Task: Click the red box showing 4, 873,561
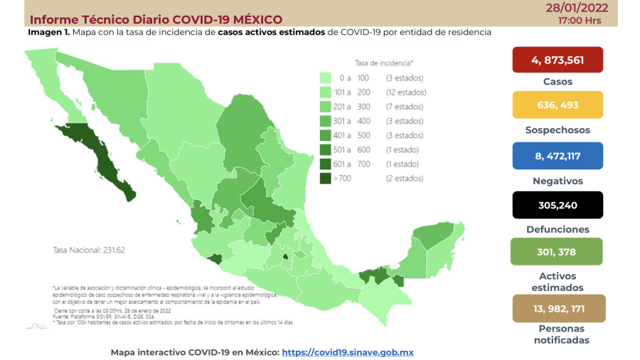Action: tap(557, 60)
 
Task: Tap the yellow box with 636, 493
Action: tap(557, 105)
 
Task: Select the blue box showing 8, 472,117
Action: tap(557, 156)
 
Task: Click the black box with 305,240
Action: tap(557, 205)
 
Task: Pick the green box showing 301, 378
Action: tap(557, 251)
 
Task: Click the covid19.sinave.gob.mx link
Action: tap(348, 352)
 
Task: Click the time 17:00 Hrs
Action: tap(580, 20)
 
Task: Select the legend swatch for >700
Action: tap(326, 179)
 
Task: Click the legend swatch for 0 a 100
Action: tap(326, 78)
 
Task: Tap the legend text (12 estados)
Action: tap(406, 92)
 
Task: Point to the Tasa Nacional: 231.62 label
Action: tap(89, 250)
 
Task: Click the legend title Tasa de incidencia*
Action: tap(385, 63)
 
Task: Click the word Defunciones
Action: tap(558, 229)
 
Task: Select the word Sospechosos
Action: tap(558, 130)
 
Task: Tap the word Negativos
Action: tap(558, 181)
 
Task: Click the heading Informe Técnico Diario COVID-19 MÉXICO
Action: tap(156, 19)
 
